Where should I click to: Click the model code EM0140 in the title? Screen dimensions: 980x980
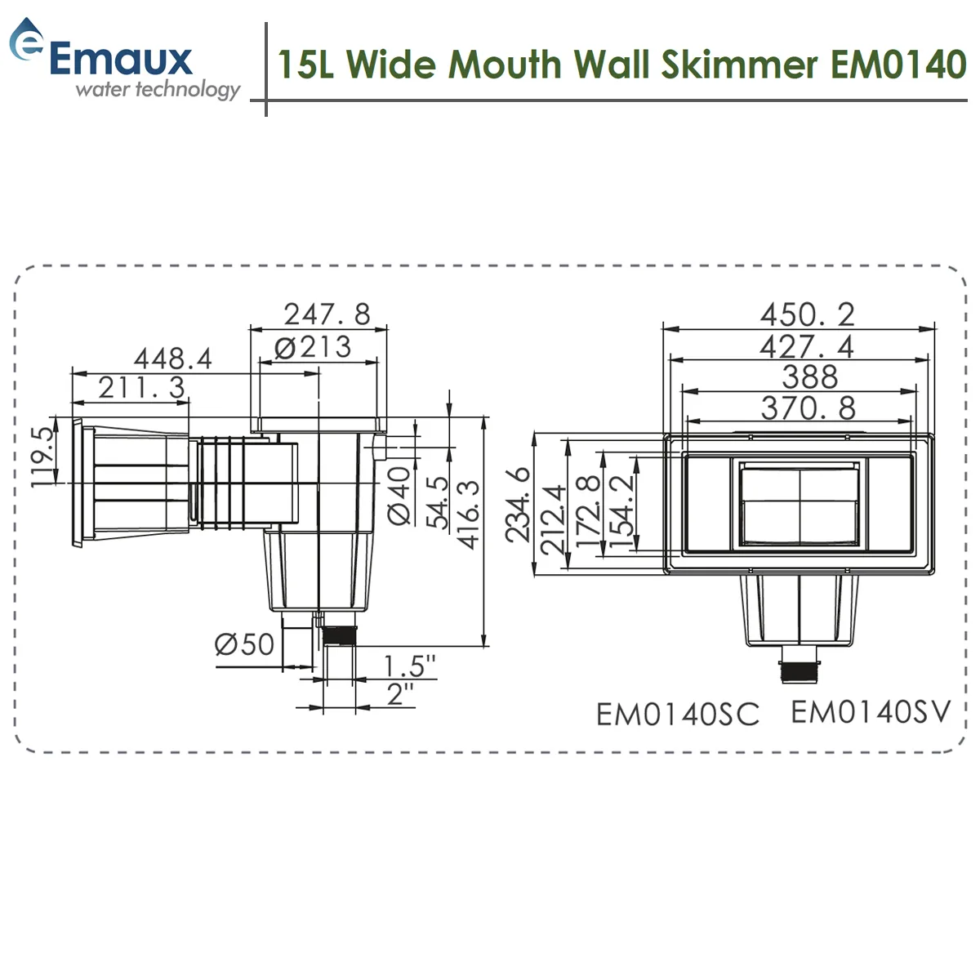pyautogui.click(x=898, y=65)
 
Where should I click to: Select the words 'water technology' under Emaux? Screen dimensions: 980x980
pyautogui.click(x=158, y=89)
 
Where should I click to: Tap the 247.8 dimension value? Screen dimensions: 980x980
pyautogui.click(x=327, y=314)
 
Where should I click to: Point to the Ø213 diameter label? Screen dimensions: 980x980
pyautogui.click(x=313, y=347)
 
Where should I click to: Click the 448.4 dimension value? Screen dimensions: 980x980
pyautogui.click(x=172, y=358)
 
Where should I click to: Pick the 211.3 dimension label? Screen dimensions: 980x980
pyautogui.click(x=141, y=387)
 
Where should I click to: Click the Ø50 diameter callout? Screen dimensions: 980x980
pyautogui.click(x=244, y=644)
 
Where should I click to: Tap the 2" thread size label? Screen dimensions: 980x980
pyautogui.click(x=400, y=695)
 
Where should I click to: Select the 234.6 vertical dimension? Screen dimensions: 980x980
pyautogui.click(x=518, y=505)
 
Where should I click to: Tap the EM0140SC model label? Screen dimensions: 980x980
pyautogui.click(x=677, y=715)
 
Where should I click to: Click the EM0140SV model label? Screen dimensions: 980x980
pyautogui.click(x=871, y=712)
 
